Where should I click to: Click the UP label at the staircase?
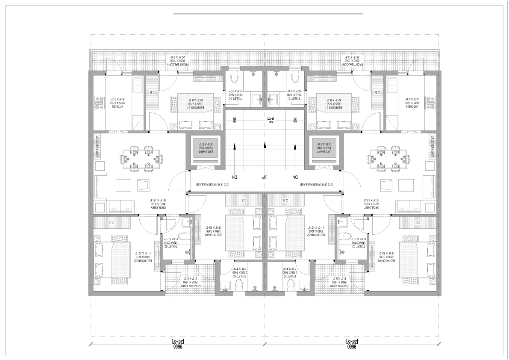click(x=265, y=177)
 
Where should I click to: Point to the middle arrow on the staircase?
click(x=265, y=145)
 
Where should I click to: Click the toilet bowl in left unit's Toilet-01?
click(x=233, y=77)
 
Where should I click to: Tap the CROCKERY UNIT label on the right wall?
click(x=432, y=147)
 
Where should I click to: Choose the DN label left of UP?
click(x=234, y=177)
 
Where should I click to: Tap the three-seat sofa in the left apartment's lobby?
click(x=121, y=206)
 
